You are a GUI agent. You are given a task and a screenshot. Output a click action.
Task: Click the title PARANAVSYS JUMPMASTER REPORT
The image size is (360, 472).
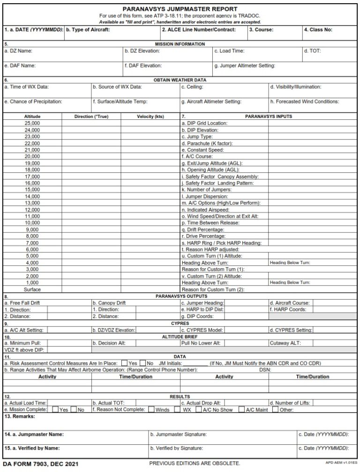180,9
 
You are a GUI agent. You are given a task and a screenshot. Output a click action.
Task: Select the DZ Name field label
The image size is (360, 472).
18,51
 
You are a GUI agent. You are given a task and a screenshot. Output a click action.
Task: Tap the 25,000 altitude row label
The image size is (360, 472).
32,123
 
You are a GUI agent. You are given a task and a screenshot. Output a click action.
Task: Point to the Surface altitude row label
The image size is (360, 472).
32,289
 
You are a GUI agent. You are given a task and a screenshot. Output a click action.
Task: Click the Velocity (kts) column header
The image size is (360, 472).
150,116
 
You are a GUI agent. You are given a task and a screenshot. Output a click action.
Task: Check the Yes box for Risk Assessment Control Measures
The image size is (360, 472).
124,363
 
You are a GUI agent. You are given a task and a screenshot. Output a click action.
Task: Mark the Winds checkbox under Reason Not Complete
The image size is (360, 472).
151,409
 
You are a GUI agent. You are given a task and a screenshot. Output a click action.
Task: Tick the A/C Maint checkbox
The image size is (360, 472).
241,409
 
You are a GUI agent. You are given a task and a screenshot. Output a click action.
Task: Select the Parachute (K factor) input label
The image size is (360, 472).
207,143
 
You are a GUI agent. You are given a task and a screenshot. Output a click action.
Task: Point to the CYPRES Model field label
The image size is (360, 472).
202,330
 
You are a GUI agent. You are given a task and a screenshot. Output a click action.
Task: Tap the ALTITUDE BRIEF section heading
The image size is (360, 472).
180,337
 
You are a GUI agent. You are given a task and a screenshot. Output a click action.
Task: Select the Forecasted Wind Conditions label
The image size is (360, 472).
304,102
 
